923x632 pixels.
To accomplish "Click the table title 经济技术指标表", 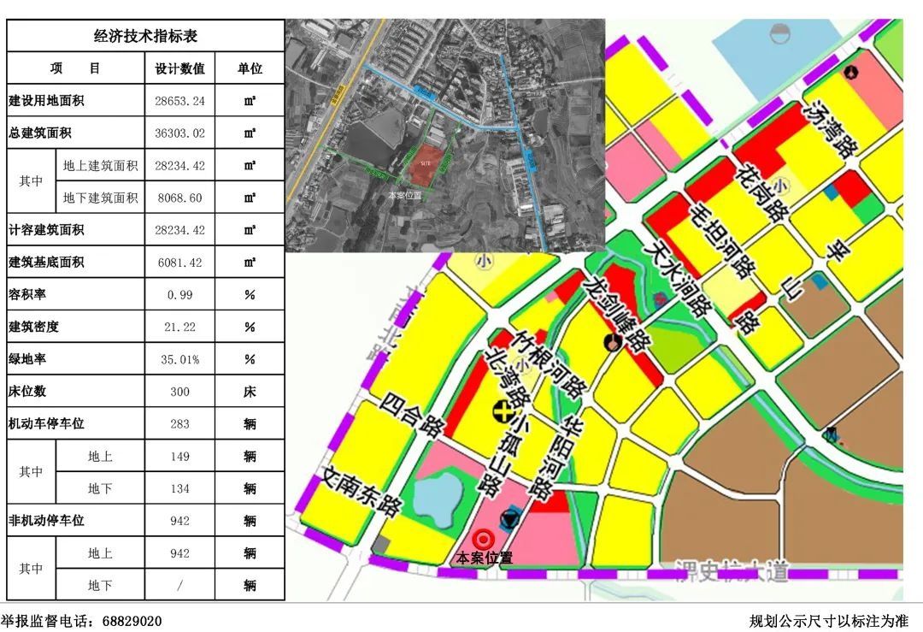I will [145, 36].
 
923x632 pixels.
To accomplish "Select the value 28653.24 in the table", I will [179, 101].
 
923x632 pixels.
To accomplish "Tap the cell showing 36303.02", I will [179, 133].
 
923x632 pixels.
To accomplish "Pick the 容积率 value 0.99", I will [179, 295].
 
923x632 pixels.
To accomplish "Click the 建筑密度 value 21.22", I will [179, 328].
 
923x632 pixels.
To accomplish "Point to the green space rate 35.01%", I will [179, 360].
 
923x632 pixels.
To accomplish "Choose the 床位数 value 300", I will [179, 392].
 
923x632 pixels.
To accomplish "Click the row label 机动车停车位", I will [47, 424].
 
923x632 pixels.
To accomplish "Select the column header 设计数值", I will [179, 68].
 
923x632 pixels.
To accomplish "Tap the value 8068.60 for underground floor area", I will [179, 198].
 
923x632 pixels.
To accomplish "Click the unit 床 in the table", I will [250, 392].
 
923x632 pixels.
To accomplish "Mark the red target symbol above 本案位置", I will [483, 539].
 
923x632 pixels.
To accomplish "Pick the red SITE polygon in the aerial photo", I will [425, 164].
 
